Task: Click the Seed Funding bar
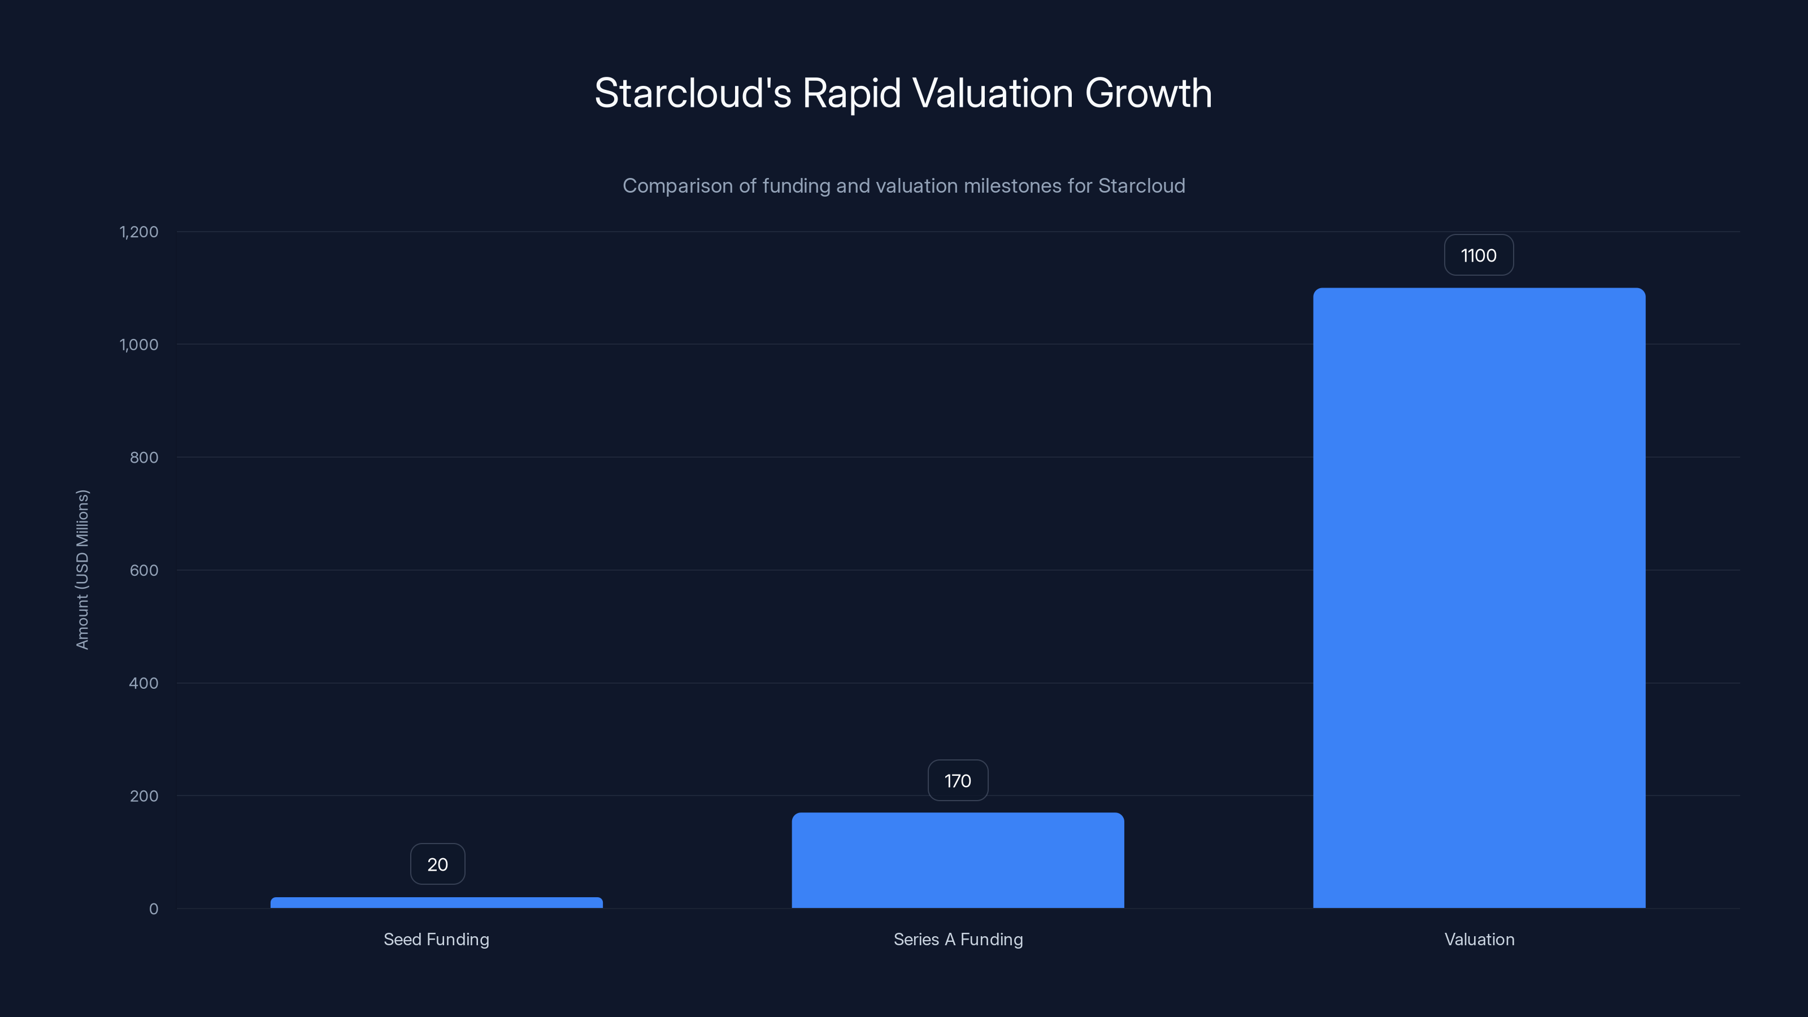pyautogui.click(x=437, y=903)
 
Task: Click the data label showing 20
pyautogui.click(x=437, y=864)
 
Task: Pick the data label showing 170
pyautogui.click(x=957, y=780)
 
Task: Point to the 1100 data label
pyautogui.click(x=1478, y=255)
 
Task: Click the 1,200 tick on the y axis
pyautogui.click(x=139, y=232)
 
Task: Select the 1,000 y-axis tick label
pyautogui.click(x=139, y=345)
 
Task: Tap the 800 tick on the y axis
pyautogui.click(x=144, y=458)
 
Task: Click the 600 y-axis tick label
pyautogui.click(x=144, y=571)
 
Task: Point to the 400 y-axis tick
pyautogui.click(x=144, y=683)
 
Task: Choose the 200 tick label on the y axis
pyautogui.click(x=144, y=796)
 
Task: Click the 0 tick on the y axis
pyautogui.click(x=154, y=909)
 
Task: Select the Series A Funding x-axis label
pyautogui.click(x=957, y=939)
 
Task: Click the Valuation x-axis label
pyautogui.click(x=1479, y=939)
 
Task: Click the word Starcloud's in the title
pyautogui.click(x=692, y=93)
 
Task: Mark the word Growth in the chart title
pyautogui.click(x=1148, y=93)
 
